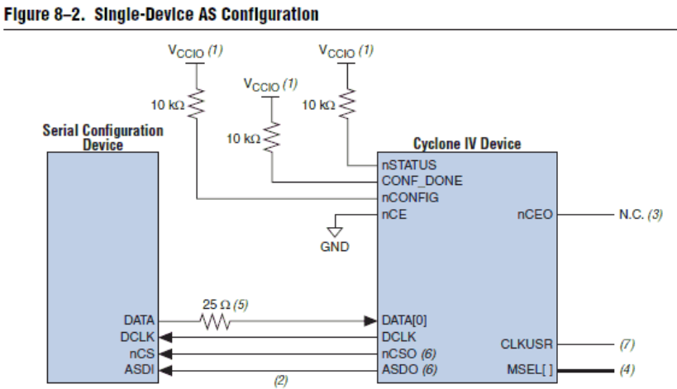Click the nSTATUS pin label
tap(408, 165)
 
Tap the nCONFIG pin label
tap(409, 197)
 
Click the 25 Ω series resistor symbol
tap(216, 320)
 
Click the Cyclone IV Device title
tap(467, 145)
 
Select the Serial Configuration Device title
tap(103, 137)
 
